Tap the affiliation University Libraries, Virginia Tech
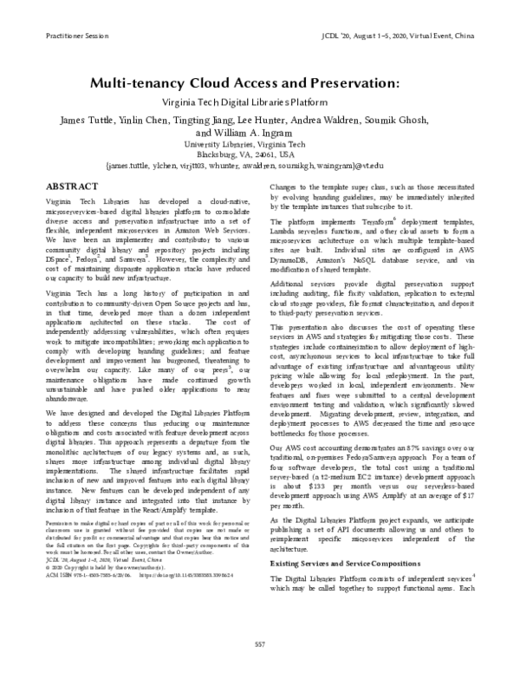click(x=259, y=144)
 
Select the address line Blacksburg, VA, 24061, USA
click(x=259, y=154)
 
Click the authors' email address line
click(x=259, y=164)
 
